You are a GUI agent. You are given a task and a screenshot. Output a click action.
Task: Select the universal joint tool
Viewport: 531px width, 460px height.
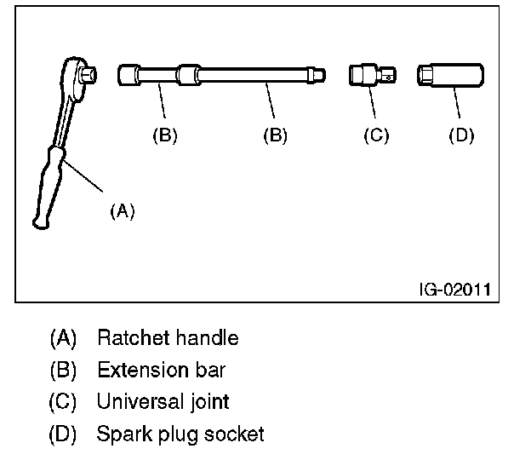pyautogui.click(x=372, y=76)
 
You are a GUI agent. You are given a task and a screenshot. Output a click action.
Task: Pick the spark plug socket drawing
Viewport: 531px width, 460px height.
pyautogui.click(x=450, y=76)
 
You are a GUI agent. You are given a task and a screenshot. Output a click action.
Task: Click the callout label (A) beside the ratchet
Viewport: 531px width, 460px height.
pyautogui.click(x=123, y=211)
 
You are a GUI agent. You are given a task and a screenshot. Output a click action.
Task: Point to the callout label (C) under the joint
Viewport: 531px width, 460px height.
pyautogui.click(x=375, y=135)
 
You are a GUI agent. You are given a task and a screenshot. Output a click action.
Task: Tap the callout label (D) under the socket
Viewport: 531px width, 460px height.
pyautogui.click(x=460, y=135)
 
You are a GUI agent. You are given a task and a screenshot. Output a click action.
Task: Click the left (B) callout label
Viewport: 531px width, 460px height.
pyautogui.click(x=164, y=135)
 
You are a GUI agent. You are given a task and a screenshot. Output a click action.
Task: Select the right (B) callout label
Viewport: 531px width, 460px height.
pyautogui.click(x=275, y=135)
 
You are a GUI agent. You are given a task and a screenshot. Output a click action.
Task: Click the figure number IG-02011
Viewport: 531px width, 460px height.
pyautogui.click(x=454, y=289)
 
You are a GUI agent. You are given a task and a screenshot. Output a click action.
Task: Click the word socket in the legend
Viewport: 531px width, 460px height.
pyautogui.click(x=231, y=434)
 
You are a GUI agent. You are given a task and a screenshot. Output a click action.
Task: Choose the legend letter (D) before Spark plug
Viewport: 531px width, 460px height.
pyautogui.click(x=63, y=434)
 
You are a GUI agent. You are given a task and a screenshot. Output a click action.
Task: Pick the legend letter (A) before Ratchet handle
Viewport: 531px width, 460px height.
pyautogui.click(x=63, y=338)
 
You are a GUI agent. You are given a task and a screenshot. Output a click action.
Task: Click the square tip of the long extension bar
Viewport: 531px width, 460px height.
pyautogui.click(x=319, y=76)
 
